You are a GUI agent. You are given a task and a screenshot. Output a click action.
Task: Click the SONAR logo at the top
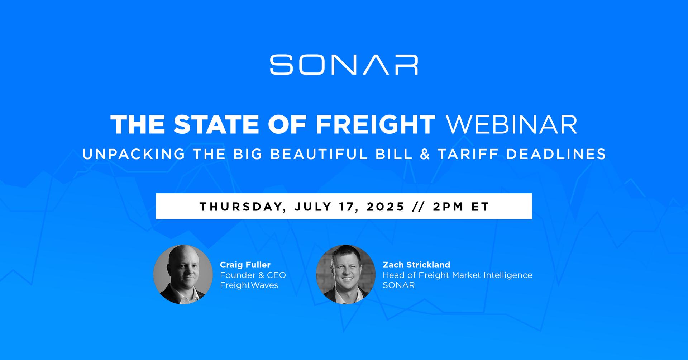pos(344,65)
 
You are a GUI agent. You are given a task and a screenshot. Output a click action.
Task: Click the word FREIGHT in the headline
pos(376,124)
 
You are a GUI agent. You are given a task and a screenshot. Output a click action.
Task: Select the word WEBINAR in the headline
pos(511,124)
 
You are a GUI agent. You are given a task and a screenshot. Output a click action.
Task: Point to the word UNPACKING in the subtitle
pos(134,154)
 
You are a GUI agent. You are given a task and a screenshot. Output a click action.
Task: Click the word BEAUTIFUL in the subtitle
pos(319,154)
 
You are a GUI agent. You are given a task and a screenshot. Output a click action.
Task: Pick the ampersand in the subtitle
pos(425,154)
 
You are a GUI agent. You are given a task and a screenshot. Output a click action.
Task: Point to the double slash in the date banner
pos(419,207)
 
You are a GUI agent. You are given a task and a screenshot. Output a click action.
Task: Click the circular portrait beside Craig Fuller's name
pos(183,274)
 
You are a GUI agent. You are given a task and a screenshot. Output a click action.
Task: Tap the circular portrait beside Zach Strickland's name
pos(345,274)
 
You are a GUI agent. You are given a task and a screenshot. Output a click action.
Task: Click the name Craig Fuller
pos(245,265)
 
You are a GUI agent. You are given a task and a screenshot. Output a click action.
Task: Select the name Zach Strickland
pos(416,265)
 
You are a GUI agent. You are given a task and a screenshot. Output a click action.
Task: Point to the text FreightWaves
pos(249,285)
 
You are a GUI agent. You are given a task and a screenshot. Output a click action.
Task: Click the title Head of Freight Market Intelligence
pos(458,275)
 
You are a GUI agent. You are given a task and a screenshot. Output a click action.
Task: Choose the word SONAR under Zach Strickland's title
pos(399,285)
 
